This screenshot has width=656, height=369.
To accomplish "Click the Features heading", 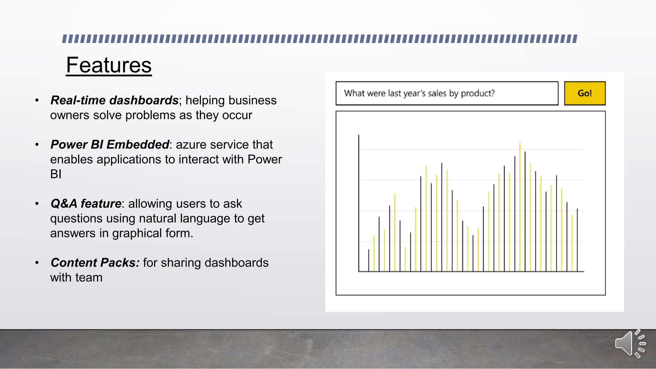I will (109, 65).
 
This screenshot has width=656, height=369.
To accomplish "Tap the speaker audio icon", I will (629, 343).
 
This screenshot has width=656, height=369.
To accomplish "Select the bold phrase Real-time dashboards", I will (114, 101).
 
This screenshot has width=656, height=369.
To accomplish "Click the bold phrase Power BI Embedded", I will (110, 145).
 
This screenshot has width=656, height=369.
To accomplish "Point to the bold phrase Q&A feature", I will (86, 204).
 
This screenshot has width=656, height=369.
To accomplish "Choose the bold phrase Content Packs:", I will (95, 263).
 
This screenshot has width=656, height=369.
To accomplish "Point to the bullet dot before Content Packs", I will (37, 263).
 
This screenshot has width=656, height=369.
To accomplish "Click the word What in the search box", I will (354, 94).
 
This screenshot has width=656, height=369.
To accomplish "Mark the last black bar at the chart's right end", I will (577, 240).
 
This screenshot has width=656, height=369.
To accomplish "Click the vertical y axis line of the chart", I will (359, 202).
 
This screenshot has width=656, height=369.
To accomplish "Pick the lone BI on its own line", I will (56, 174).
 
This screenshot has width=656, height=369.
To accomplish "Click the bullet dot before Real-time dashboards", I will (37, 101).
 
